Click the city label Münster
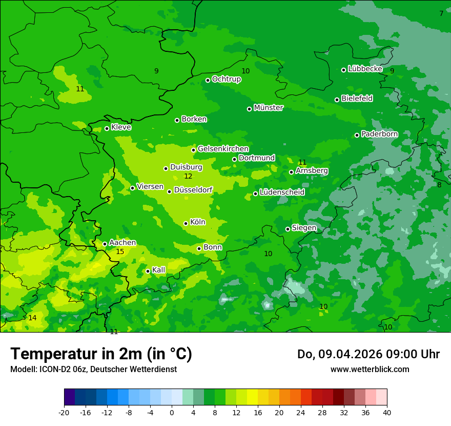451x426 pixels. pos(269,108)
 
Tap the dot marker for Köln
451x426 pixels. pos(186,223)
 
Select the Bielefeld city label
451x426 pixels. pos(357,99)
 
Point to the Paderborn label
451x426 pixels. pos(379,134)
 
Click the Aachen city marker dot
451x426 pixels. pos(105,244)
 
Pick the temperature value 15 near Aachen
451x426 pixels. pos(120,251)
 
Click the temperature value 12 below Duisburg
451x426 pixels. pos(188,176)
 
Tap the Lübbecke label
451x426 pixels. pos(365,69)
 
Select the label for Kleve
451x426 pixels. pos(121,127)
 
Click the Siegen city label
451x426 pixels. pos(304,228)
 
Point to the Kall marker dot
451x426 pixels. pos(148,271)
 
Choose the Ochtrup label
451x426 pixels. pos(226,79)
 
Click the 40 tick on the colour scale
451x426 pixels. pos(387,413)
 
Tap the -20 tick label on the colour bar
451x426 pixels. pos(64,413)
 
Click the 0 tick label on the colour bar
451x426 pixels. pos(172,413)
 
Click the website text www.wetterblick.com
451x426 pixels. pos(370,369)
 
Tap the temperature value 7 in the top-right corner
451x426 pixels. pos(441,13)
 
